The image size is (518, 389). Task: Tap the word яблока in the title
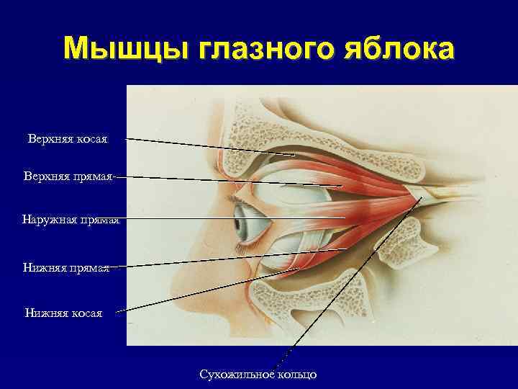[398, 48]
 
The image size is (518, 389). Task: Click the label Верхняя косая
[68, 138]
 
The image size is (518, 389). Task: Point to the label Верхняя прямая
[68, 176]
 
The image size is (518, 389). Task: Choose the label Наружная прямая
[71, 219]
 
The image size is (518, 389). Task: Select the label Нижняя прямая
[66, 267]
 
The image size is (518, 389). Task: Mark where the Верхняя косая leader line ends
[296, 155]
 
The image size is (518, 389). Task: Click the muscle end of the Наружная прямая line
[346, 218]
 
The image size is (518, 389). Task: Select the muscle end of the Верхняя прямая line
[341, 187]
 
